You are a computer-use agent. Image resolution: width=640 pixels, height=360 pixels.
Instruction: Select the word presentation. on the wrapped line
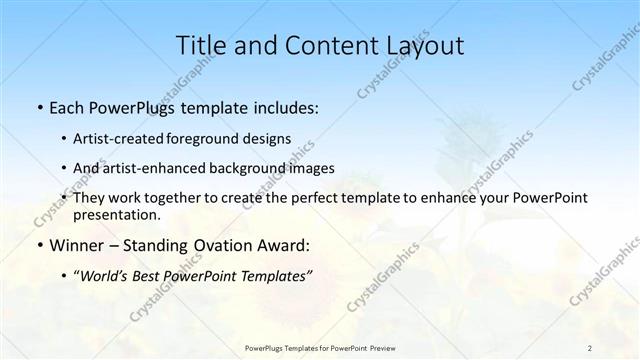(117, 214)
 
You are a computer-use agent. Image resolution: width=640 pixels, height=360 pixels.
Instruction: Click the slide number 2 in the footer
(589, 347)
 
